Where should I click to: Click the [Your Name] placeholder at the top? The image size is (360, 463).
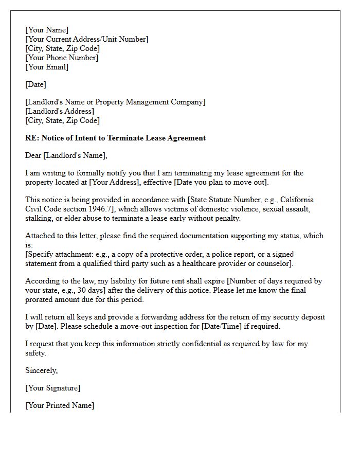pyautogui.click(x=47, y=30)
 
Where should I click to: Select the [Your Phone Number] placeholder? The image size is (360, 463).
pyautogui.click(x=62, y=58)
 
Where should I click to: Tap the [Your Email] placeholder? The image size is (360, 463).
pyautogui.click(x=47, y=67)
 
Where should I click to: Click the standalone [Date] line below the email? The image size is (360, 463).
pyautogui.click(x=35, y=84)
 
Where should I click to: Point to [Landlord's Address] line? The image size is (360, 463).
pyautogui.click(x=60, y=111)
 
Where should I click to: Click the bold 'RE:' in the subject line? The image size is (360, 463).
pyautogui.click(x=32, y=138)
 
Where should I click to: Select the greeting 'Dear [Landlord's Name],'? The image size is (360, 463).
pyautogui.click(x=66, y=155)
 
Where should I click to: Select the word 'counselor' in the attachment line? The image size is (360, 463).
pyautogui.click(x=274, y=263)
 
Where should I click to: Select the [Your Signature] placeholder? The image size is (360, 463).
pyautogui.click(x=52, y=388)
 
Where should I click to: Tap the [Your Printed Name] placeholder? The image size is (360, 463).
pyautogui.click(x=60, y=405)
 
